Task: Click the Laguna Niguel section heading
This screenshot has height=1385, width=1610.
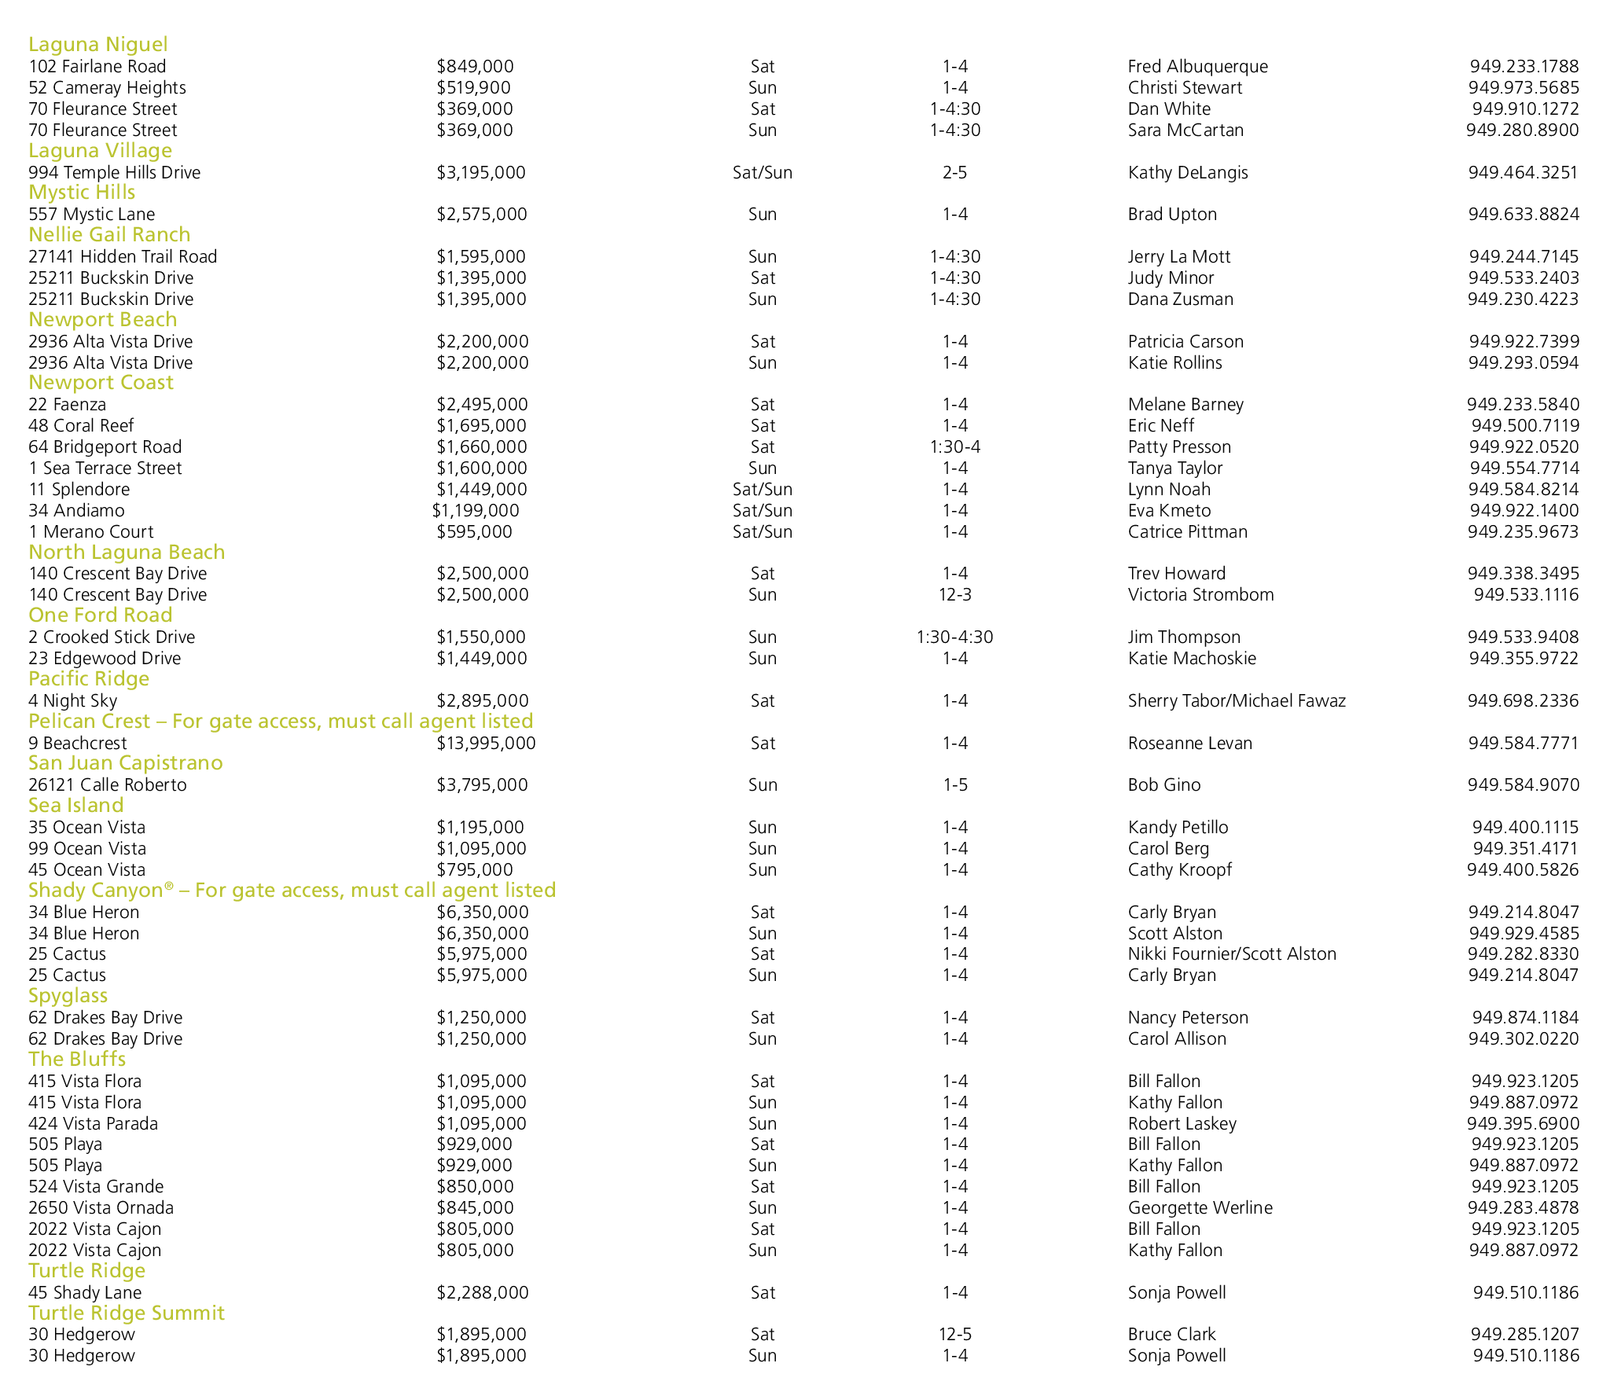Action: click(98, 45)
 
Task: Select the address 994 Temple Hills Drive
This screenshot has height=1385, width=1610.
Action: click(114, 173)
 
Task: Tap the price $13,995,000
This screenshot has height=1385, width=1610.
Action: click(486, 744)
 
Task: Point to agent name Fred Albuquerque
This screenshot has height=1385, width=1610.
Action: click(1197, 67)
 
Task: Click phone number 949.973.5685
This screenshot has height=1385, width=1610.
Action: click(1523, 88)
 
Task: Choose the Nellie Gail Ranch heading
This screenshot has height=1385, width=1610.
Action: click(109, 235)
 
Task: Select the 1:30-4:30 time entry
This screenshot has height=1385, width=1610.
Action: click(954, 637)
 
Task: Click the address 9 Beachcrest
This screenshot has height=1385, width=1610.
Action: click(77, 744)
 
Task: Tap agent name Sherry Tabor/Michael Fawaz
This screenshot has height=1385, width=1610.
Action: click(1237, 701)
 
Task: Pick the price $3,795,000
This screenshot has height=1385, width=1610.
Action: click(482, 785)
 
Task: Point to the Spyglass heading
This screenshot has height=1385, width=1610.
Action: click(68, 996)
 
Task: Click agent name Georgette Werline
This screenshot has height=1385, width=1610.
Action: click(1200, 1208)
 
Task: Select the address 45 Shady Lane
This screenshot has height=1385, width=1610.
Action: click(85, 1293)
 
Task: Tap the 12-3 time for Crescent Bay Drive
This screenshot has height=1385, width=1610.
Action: click(954, 595)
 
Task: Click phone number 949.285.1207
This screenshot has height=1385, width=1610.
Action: click(1524, 1335)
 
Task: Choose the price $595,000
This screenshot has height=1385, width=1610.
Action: click(474, 532)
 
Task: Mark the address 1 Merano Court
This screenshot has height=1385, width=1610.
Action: click(90, 532)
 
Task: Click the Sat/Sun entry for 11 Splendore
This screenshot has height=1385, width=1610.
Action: click(762, 490)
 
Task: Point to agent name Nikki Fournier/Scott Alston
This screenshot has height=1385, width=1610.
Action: click(1232, 954)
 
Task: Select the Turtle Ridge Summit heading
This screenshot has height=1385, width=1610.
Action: click(127, 1313)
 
